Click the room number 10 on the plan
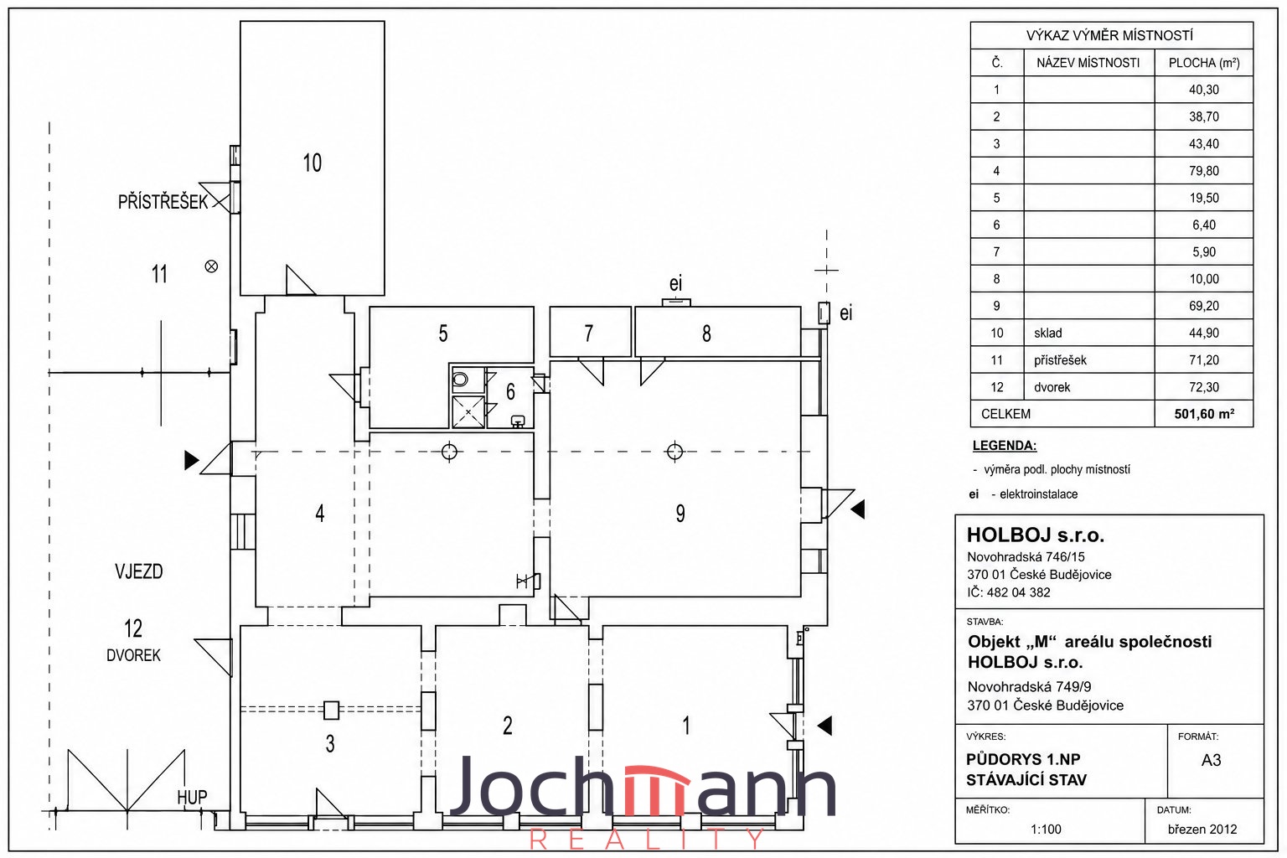312,163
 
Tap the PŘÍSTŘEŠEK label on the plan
163,202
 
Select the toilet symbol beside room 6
460,380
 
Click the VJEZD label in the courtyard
138,571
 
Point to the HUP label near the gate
192,798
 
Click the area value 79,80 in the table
1204,171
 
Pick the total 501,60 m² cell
1204,414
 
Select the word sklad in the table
1048,333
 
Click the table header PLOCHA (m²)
1204,63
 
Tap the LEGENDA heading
1005,446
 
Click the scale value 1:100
1046,830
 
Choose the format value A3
1211,760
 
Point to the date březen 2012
1202,830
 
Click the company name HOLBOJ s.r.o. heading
1036,535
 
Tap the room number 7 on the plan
588,333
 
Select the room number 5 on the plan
443,333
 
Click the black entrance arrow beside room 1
824,726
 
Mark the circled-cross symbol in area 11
211,266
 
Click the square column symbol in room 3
331,711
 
